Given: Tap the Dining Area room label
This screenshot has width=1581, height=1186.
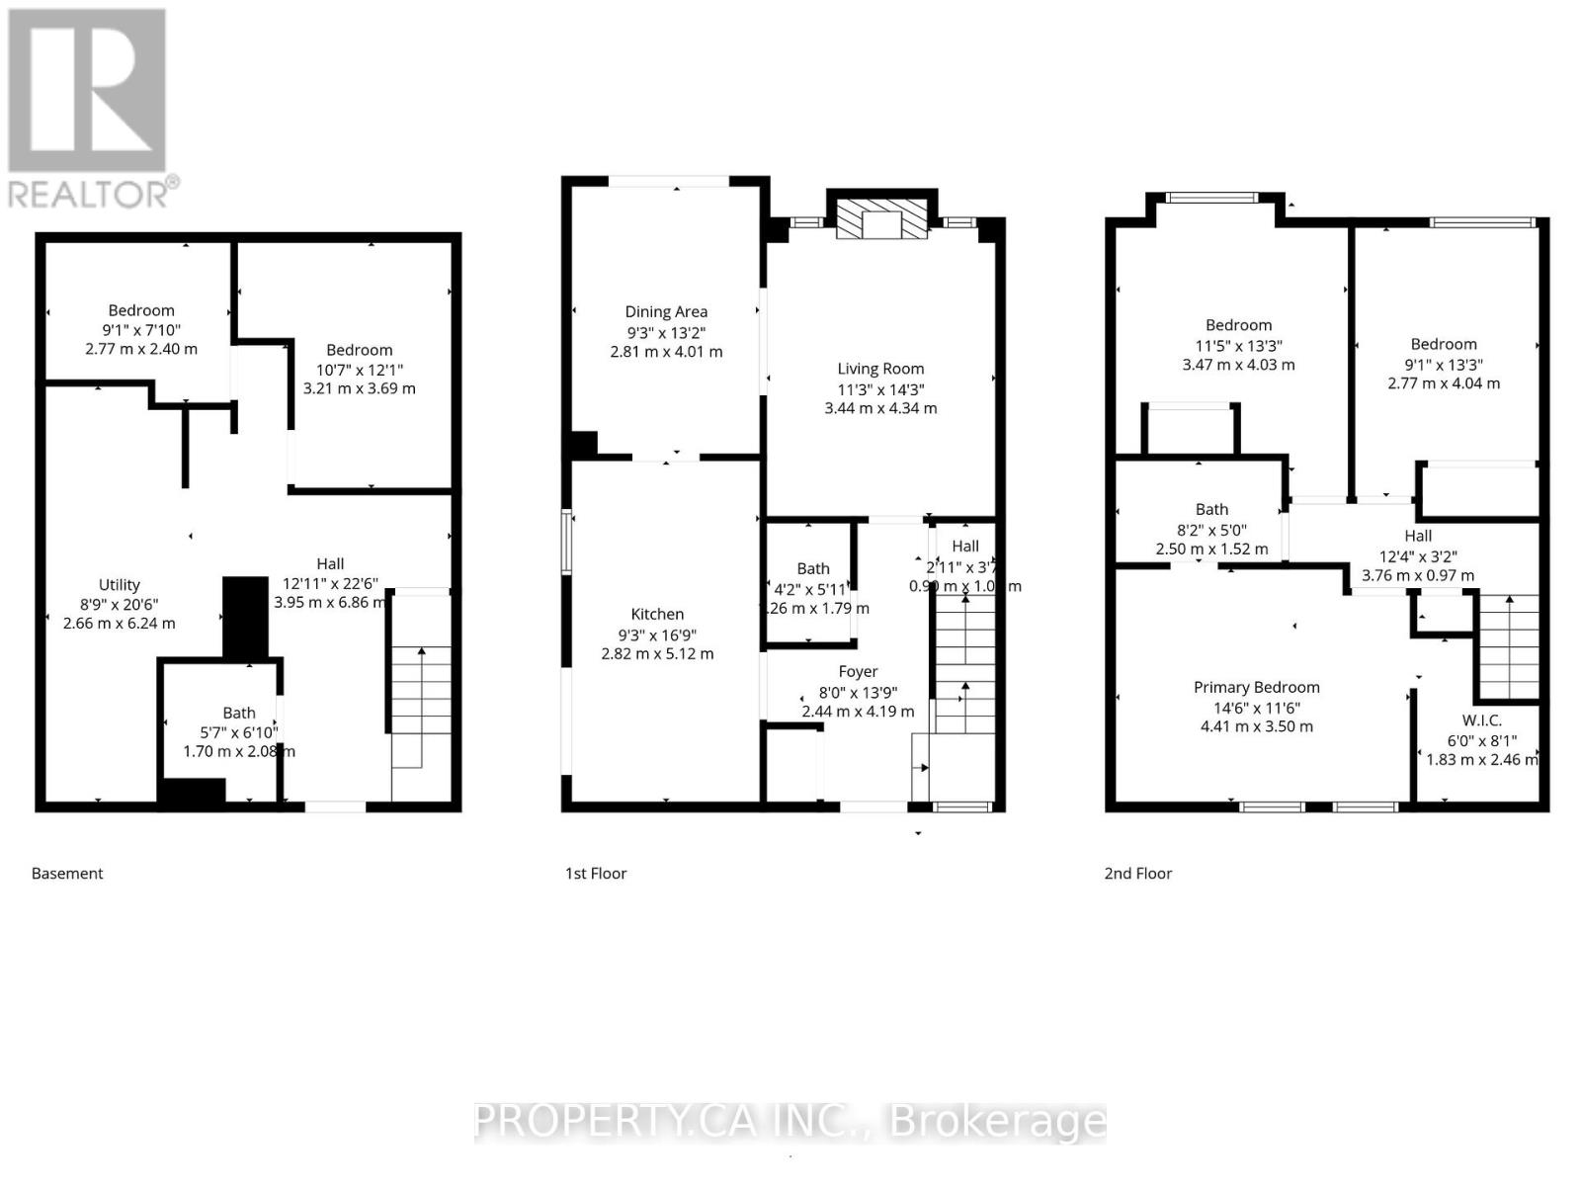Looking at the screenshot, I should [665, 311].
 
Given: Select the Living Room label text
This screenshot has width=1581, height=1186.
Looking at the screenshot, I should [880, 369].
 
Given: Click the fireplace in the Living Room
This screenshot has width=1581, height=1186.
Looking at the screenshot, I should [882, 218].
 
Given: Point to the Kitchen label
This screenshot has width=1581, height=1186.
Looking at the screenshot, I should [657, 614].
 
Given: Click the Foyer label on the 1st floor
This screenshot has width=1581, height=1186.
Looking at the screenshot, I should [858, 671].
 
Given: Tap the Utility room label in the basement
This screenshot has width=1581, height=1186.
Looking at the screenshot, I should [120, 584].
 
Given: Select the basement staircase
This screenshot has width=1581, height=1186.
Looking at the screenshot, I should [422, 707].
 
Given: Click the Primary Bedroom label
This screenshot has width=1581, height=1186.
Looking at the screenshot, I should [1256, 687].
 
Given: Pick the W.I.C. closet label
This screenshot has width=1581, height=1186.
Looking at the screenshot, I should [1481, 720].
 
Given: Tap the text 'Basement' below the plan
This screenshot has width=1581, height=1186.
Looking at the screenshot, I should [67, 874].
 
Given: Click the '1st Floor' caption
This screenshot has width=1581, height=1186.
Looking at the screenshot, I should [596, 874].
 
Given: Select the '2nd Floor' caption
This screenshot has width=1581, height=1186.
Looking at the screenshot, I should [1137, 874].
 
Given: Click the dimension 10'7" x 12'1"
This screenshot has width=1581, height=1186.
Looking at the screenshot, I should [360, 370].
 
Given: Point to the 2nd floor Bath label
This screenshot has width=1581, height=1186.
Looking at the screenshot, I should [1211, 509].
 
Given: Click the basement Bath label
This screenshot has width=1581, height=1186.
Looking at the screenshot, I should [239, 713].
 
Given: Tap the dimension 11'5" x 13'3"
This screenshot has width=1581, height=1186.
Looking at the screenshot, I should [1238, 346].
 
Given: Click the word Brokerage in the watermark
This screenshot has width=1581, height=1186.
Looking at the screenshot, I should [998, 1121].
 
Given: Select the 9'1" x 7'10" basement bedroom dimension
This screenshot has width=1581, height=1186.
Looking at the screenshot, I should [141, 330].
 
